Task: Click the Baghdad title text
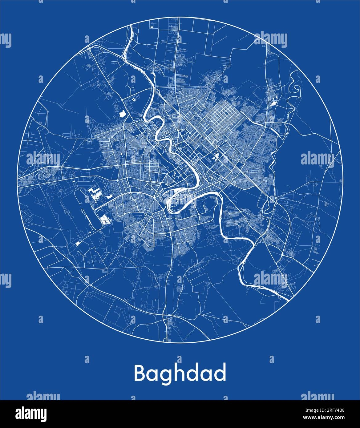coord(180,373)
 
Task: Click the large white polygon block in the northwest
coord(122,113)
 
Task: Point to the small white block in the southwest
coord(77,244)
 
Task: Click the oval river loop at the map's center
coord(176,202)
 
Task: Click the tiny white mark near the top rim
coord(151,27)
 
